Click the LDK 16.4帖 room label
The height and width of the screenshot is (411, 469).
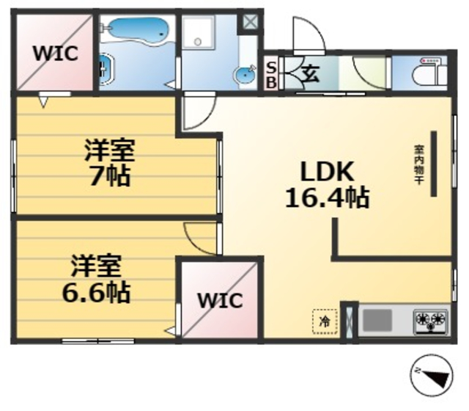click(327, 184)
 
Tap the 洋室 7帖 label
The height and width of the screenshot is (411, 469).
click(109, 164)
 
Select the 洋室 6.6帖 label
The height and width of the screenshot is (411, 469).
click(96, 278)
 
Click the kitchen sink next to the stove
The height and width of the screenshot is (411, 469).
click(378, 320)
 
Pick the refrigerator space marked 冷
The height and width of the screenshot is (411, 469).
click(323, 320)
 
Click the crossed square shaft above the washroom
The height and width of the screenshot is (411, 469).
click(251, 22)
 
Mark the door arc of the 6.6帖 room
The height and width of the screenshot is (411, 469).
click(199, 237)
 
